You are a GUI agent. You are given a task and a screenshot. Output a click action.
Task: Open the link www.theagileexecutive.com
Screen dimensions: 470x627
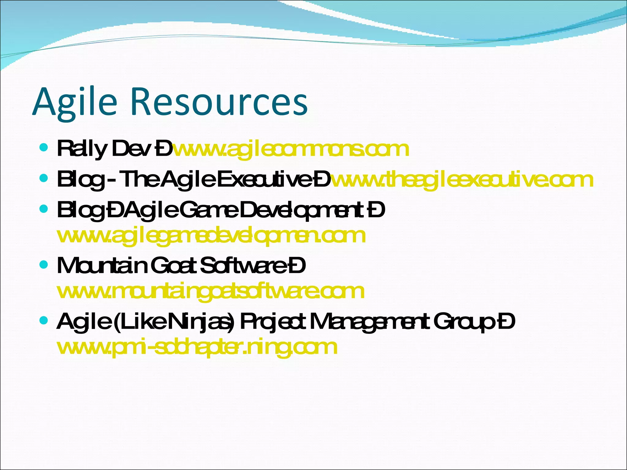pos(462,180)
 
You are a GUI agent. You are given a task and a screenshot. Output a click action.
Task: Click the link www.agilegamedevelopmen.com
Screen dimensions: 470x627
pos(211,236)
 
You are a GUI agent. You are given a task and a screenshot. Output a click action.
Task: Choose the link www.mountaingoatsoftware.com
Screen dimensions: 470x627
pos(211,291)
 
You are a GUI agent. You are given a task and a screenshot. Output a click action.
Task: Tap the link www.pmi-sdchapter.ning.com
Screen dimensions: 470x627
pos(197,347)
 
